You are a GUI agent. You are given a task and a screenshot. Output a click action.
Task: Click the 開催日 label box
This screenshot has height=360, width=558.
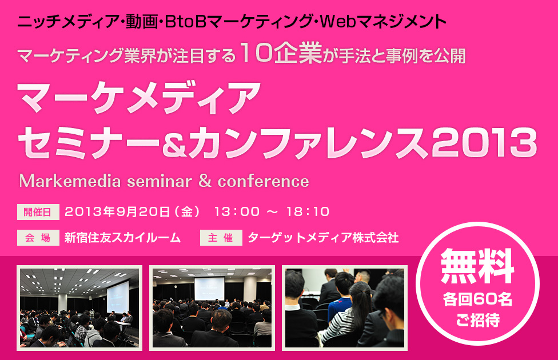coord(38,212)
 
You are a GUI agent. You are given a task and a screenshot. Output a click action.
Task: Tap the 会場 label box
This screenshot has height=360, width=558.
coord(38,238)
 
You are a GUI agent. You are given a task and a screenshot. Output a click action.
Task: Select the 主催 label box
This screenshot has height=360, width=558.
coord(221,238)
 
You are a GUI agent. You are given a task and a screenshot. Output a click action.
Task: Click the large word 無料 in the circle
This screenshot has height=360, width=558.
coord(477,266)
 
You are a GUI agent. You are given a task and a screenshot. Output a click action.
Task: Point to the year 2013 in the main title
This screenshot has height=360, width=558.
coord(485,142)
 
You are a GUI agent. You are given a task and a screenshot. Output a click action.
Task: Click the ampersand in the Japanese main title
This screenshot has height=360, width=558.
coord(174,143)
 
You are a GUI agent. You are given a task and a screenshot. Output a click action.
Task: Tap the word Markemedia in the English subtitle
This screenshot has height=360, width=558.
coord(70,181)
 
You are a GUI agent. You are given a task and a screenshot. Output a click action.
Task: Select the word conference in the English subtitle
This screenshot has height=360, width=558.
coord(264,181)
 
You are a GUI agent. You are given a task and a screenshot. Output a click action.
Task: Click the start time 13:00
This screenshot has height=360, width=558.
coord(237,211)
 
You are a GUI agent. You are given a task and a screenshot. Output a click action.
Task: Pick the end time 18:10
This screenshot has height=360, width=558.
coord(308,211)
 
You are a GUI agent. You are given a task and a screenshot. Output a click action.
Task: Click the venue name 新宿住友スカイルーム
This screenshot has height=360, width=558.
coord(122,238)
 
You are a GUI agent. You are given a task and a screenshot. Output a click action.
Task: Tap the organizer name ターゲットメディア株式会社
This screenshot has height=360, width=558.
coord(323,238)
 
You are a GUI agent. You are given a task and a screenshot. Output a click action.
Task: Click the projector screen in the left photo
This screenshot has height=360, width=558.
coord(118,297)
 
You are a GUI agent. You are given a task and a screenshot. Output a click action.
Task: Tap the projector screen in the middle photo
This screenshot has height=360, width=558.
coord(210,289)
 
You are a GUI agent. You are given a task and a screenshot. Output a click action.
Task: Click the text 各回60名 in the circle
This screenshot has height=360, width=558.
coord(477,299)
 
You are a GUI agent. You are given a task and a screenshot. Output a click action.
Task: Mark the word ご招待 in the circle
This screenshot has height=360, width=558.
coord(477,320)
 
